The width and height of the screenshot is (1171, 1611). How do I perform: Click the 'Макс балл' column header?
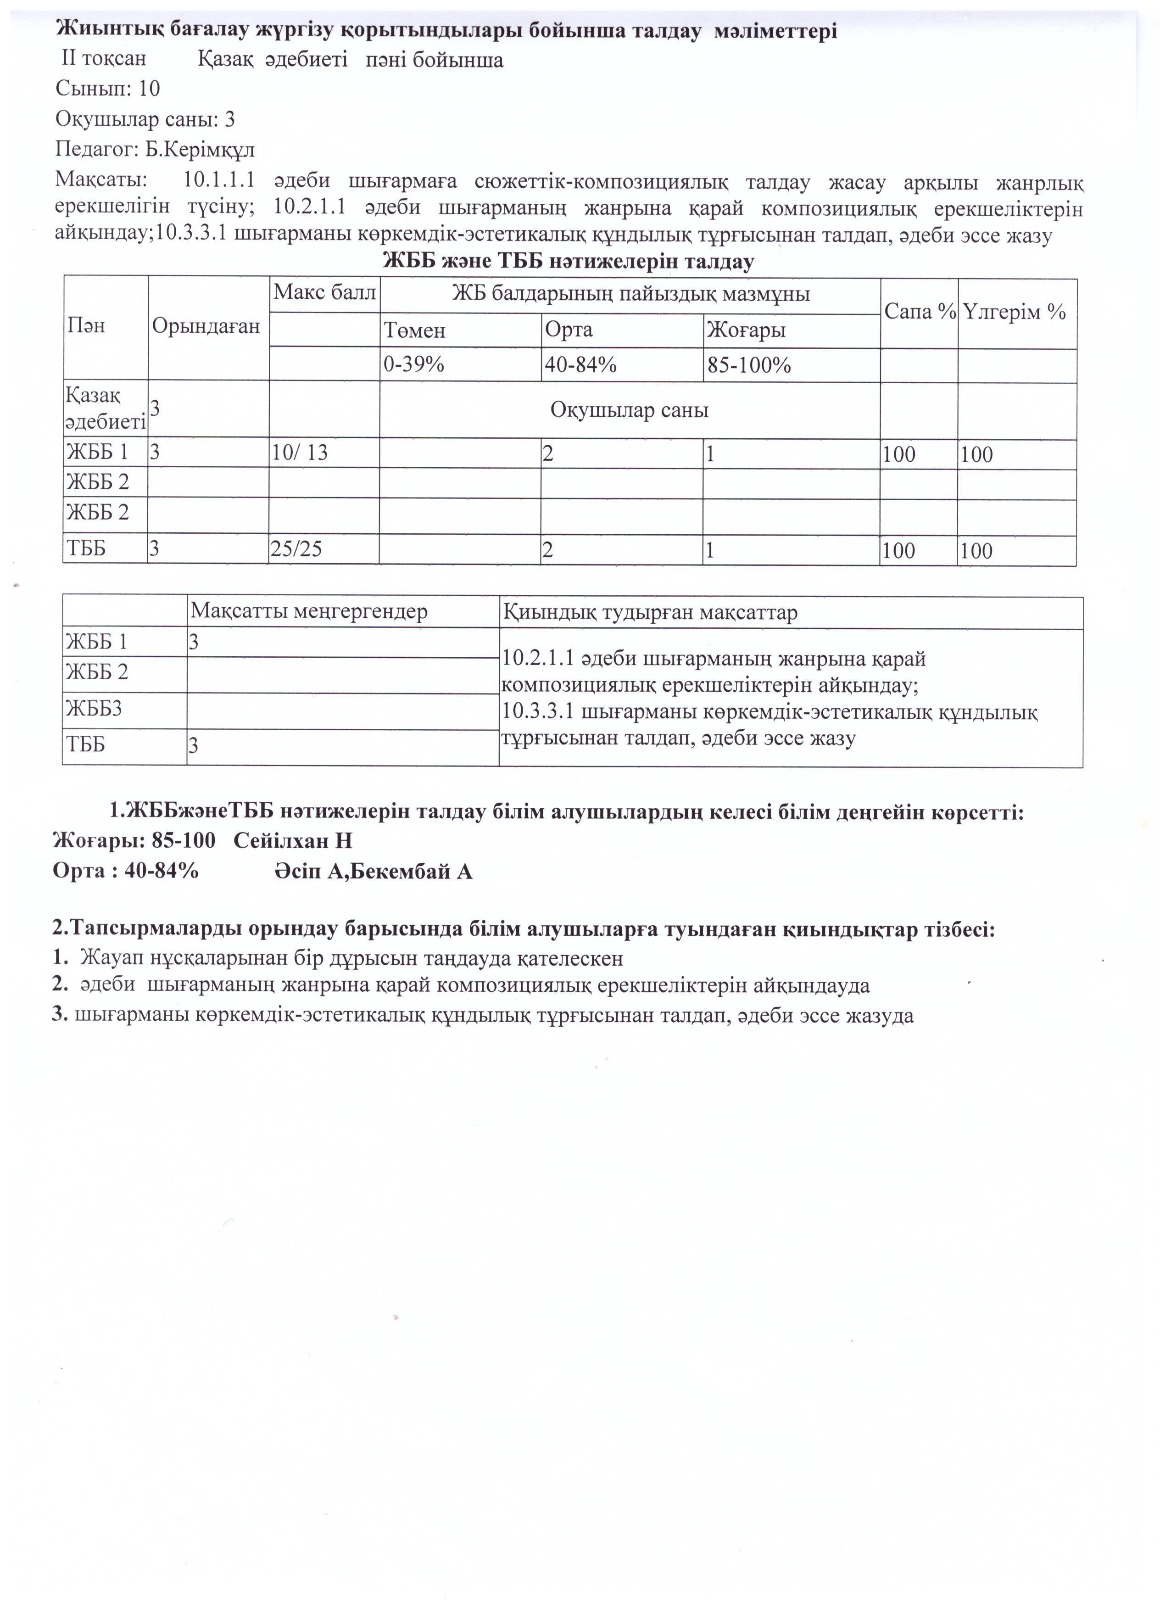[x=324, y=292]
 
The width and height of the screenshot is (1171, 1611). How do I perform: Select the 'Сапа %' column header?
[x=920, y=312]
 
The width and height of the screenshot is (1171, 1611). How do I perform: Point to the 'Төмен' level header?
[x=415, y=330]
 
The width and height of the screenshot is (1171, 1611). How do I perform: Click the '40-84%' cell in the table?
[x=580, y=365]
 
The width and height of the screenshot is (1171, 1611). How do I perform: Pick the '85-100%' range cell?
[x=748, y=365]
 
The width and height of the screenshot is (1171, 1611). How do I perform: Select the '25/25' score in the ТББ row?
[x=297, y=549]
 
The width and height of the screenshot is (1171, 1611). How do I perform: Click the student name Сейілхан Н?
[x=293, y=841]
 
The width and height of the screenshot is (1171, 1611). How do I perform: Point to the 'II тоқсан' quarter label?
[x=104, y=59]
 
